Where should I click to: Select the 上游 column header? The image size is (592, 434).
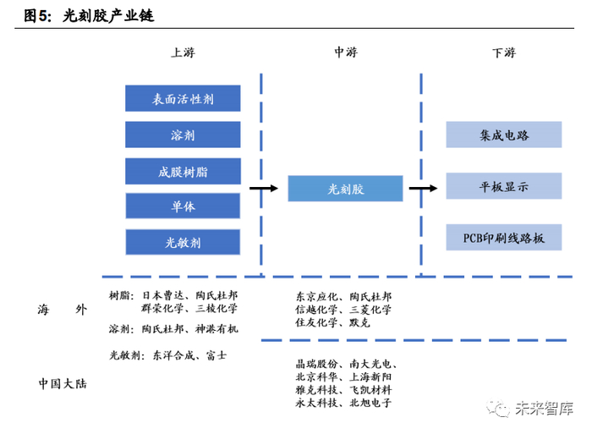tap(183, 52)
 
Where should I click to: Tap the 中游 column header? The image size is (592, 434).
tap(345, 52)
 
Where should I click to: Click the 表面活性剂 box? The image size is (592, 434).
tap(183, 99)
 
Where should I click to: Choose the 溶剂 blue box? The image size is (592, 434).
tap(183, 135)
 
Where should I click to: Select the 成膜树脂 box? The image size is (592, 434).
tap(183, 172)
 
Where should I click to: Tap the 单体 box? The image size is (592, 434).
tap(183, 207)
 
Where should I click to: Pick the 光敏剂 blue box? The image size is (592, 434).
tap(183, 243)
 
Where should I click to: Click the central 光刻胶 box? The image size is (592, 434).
tap(345, 189)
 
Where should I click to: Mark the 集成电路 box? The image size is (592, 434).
tap(503, 135)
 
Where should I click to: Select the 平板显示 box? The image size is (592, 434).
tap(503, 188)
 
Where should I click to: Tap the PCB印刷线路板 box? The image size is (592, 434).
tap(503, 238)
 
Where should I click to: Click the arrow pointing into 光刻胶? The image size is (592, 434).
tap(263, 189)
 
